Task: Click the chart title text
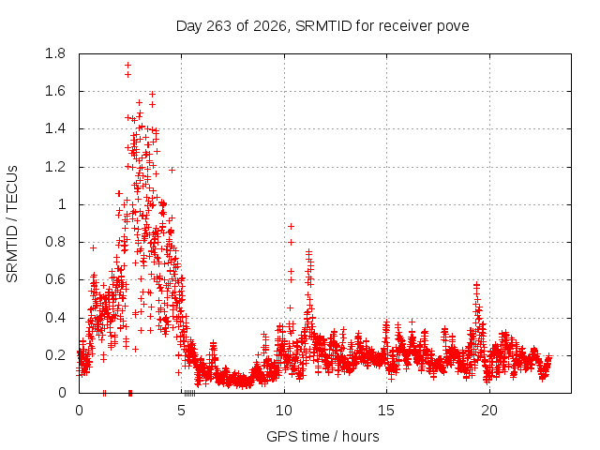(x=322, y=26)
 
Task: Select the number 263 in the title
(x=218, y=26)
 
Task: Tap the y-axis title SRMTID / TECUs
(x=12, y=224)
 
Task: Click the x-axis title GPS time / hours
(x=322, y=436)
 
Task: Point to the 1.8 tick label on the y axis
(x=55, y=53)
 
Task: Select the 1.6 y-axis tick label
(x=55, y=92)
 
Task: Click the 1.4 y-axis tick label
(x=55, y=129)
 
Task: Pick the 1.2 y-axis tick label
(x=55, y=167)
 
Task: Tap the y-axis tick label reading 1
(x=62, y=204)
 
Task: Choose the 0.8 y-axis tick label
(x=55, y=242)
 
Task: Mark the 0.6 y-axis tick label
(x=55, y=280)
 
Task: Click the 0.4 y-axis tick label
(x=55, y=318)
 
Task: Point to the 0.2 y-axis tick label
(x=55, y=355)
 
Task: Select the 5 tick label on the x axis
(x=181, y=411)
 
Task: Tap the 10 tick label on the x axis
(x=284, y=411)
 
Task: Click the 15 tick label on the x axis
(x=386, y=411)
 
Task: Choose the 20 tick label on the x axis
(x=489, y=411)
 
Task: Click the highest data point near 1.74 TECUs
(x=127, y=65)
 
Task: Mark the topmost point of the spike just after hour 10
(x=291, y=227)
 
